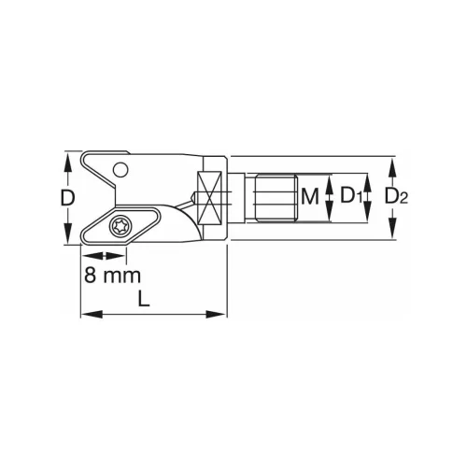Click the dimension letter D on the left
pyautogui.click(x=67, y=198)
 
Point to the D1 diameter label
pyautogui.click(x=350, y=197)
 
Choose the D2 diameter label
pyautogui.click(x=396, y=197)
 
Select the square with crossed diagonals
pyautogui.click(x=212, y=197)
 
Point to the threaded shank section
pyautogui.click(x=273, y=197)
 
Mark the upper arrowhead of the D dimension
pyautogui.click(x=68, y=160)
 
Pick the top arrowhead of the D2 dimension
pyautogui.click(x=392, y=163)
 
